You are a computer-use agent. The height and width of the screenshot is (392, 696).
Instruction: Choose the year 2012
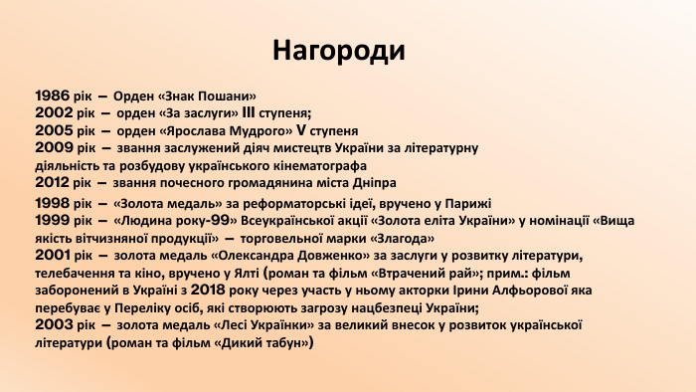[52, 183]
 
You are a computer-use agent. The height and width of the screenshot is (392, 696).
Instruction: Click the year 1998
[53, 203]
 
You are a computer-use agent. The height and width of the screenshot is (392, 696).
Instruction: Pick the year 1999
[53, 220]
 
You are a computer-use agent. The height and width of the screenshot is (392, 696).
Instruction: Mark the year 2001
[53, 256]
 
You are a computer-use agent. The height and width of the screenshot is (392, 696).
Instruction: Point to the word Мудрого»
[265, 130]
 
